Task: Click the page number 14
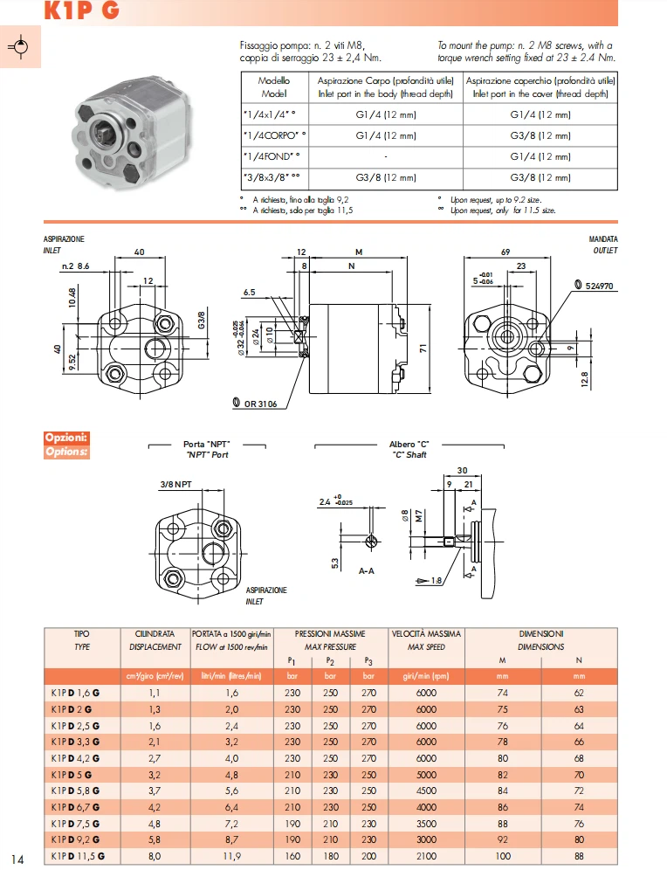[x=18, y=857]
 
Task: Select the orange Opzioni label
[x=65, y=437]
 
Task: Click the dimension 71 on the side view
[x=421, y=348]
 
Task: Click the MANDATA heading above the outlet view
[x=603, y=239]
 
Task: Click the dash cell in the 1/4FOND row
[x=385, y=156]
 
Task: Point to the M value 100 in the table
[x=504, y=855]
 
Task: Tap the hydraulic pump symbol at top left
[x=22, y=47]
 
